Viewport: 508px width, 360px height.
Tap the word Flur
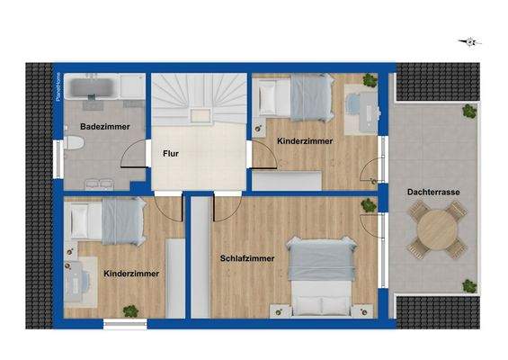point(170,154)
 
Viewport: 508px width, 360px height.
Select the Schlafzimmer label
point(247,258)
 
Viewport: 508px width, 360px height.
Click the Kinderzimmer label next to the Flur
point(304,141)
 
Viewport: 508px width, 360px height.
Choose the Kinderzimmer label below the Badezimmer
point(131,272)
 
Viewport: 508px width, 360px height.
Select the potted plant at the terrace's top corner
point(468,112)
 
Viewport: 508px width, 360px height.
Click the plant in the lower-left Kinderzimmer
point(131,311)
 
